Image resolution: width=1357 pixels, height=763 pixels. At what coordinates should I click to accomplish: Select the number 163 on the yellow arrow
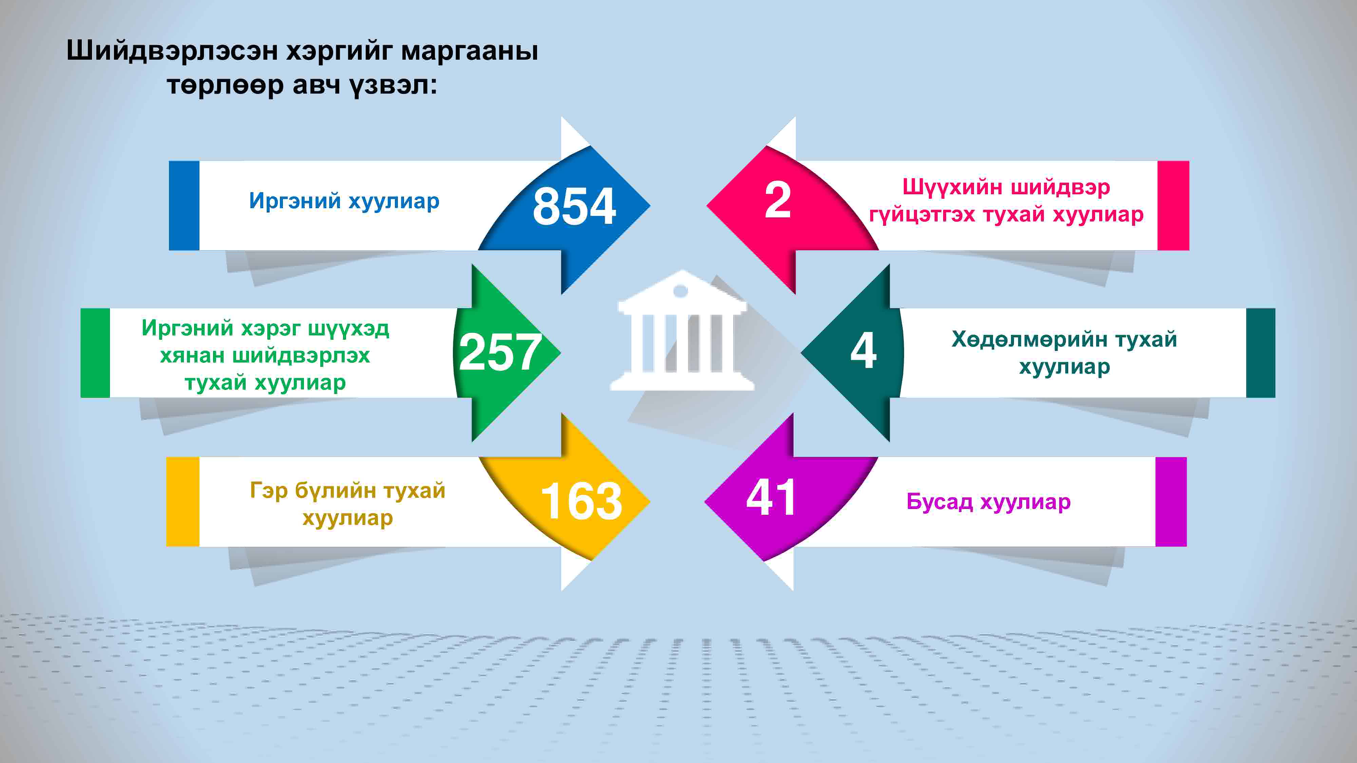(x=581, y=501)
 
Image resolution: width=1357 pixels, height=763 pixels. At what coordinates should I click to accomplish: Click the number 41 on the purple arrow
(x=771, y=497)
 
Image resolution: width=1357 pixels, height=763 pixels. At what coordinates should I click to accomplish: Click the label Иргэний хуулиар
(x=344, y=201)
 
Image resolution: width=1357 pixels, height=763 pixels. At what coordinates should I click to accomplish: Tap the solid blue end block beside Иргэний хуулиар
(x=184, y=206)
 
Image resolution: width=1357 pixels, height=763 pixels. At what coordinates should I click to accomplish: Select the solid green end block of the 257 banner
(x=95, y=353)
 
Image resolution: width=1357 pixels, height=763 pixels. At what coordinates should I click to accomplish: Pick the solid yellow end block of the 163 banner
(x=183, y=501)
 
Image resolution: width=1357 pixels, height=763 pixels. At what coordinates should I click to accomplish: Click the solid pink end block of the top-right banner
(x=1173, y=206)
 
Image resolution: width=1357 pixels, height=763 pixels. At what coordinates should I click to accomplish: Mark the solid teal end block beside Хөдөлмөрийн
(x=1261, y=353)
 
